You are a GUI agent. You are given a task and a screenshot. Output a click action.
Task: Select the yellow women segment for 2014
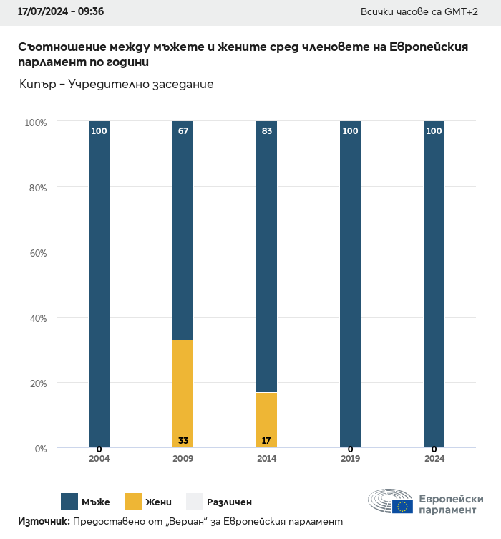pos(266,419)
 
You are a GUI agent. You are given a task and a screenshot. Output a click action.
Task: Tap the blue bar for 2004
pos(99,287)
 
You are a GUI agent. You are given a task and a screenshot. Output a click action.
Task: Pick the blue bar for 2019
pos(350,287)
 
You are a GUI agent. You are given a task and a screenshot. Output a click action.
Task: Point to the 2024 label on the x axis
pos(434,459)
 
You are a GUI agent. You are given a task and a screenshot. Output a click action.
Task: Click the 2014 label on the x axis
pos(266,459)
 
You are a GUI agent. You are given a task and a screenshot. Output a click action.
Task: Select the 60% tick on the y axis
pos(36,253)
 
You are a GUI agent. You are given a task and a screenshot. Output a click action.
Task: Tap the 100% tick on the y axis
pos(35,123)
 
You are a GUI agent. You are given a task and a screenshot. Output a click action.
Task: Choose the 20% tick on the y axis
pos(36,383)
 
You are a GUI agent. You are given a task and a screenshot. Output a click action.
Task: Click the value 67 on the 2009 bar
pos(183,131)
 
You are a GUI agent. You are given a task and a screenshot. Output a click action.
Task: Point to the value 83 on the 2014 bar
pos(266,131)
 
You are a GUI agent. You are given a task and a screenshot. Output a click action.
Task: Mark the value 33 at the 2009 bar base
pos(183,441)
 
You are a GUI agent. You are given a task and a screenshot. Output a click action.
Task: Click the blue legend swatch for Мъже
pos(69,502)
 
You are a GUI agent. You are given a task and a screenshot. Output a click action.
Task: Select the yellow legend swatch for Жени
pos(133,502)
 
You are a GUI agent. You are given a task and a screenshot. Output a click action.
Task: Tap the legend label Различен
pos(229,502)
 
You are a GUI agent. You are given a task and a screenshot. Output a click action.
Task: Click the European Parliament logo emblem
pos(390,502)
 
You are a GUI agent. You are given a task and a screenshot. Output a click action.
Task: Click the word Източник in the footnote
pos(43,521)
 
